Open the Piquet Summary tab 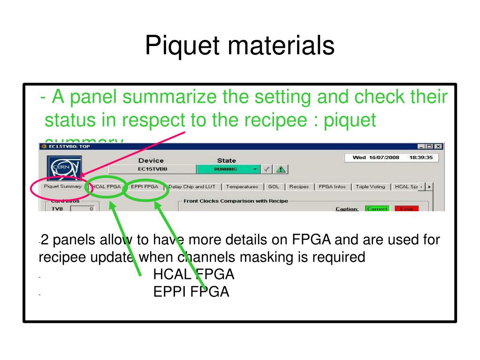click(62, 186)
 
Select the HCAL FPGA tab click(107, 187)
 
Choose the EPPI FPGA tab click(145, 187)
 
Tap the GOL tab click(273, 187)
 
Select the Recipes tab click(299, 187)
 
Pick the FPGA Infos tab click(332, 187)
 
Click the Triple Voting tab click(370, 187)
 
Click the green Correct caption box click(377, 208)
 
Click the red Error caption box click(406, 208)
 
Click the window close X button click(439, 146)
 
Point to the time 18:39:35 click(421, 158)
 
